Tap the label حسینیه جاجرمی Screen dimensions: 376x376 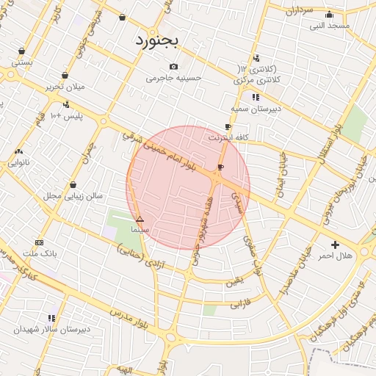tap(173, 77)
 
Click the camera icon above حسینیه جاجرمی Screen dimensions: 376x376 tap(173, 65)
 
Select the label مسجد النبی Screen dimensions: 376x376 tap(329, 26)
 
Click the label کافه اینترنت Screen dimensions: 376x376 tap(228, 137)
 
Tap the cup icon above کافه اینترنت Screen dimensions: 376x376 tap(228, 126)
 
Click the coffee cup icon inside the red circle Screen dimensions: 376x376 tap(220, 167)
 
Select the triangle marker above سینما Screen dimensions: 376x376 tap(140, 219)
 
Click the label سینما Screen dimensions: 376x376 tap(140, 230)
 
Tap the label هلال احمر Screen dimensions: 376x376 tap(335, 256)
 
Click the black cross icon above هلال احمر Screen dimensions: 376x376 tap(336, 245)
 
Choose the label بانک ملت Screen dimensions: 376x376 tap(40, 253)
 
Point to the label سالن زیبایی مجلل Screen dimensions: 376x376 tap(73, 196)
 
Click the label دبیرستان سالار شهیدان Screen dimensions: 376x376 tap(51, 329)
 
